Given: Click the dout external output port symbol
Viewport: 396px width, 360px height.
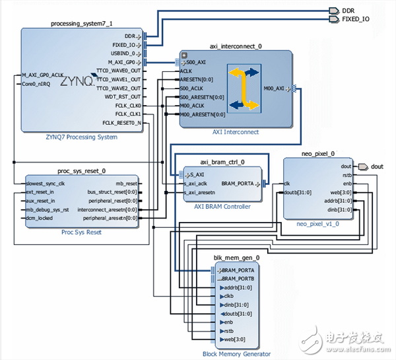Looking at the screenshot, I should tap(362, 166).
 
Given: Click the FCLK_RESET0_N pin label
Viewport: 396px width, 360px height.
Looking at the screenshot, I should tap(121, 123).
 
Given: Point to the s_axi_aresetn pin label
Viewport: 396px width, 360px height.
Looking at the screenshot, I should tap(201, 192).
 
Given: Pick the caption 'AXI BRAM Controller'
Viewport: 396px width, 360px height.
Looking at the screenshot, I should tap(221, 207).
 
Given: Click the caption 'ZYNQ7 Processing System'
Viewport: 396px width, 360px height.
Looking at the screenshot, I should tap(81, 137).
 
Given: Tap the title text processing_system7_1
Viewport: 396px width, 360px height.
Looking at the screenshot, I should tap(81, 23).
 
